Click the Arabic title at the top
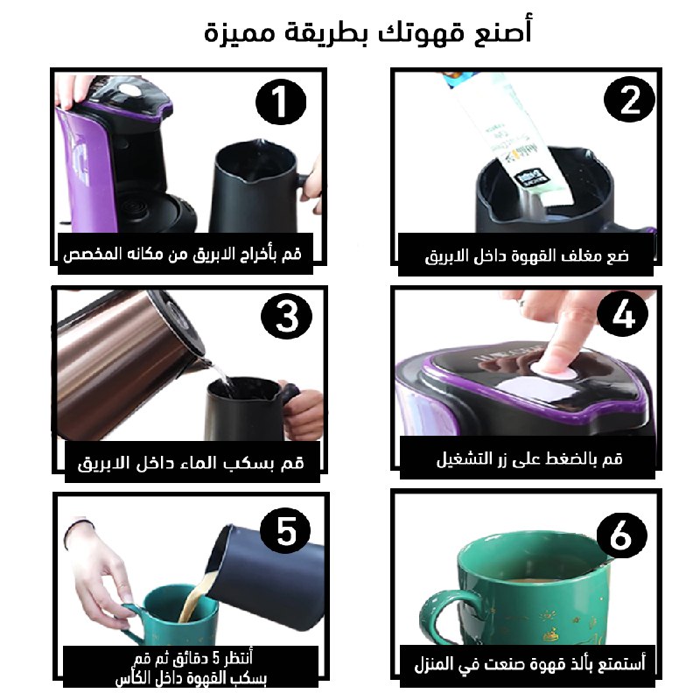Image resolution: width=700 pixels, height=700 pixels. (x=367, y=31)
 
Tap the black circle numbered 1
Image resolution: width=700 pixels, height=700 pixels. (x=281, y=101)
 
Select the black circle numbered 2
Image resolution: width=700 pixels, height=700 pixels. (x=629, y=99)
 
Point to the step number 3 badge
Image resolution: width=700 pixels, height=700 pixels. (x=286, y=316)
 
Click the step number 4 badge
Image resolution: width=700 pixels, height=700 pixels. (x=622, y=313)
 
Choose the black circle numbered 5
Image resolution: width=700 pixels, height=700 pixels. (x=285, y=531)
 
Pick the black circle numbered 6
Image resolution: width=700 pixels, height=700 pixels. (x=622, y=535)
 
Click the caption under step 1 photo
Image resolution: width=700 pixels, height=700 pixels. (x=183, y=254)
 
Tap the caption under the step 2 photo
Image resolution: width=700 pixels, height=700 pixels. (x=527, y=255)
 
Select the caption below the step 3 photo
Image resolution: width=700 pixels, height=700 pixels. (x=191, y=463)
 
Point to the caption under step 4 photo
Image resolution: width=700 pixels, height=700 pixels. (x=529, y=458)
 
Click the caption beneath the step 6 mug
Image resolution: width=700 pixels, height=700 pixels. (x=530, y=664)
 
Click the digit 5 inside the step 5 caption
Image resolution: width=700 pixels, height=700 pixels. (x=216, y=658)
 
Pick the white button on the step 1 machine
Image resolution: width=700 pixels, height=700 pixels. (x=129, y=90)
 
